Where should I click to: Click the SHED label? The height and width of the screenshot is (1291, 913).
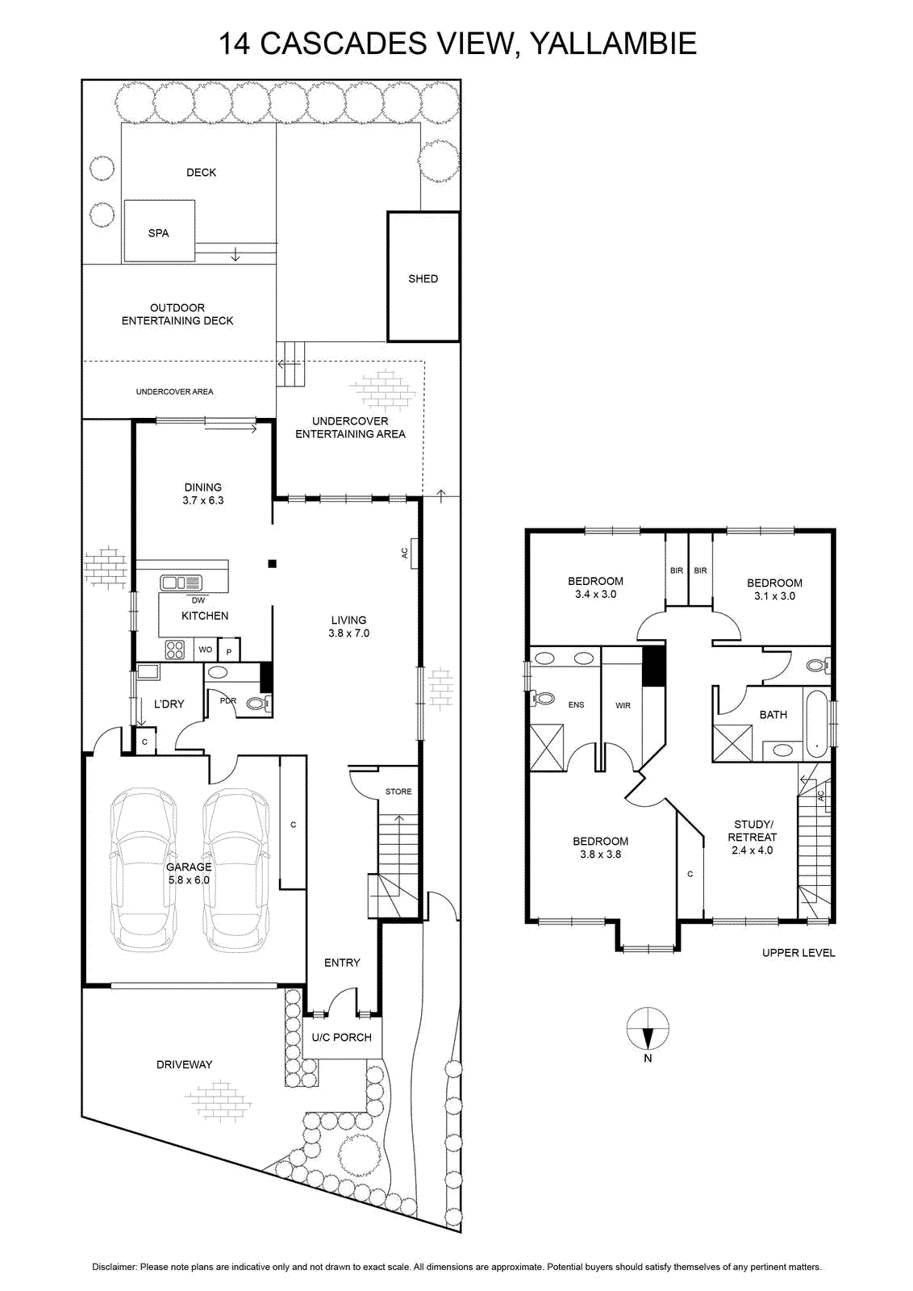[423, 279]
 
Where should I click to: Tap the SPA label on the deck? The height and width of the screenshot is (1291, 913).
[158, 233]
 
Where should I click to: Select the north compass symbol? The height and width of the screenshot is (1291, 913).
[648, 1030]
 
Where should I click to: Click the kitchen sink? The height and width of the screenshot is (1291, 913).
[181, 583]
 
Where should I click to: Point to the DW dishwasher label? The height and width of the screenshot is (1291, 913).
[198, 600]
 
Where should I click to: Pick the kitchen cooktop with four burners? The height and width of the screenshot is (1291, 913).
[175, 650]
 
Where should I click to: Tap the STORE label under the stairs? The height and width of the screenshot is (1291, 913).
[398, 792]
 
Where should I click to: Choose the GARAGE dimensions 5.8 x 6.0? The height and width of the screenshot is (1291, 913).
[189, 880]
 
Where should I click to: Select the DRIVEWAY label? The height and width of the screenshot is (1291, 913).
[185, 1064]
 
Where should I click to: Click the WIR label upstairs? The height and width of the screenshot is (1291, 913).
[623, 705]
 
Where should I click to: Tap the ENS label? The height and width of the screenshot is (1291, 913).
[576, 704]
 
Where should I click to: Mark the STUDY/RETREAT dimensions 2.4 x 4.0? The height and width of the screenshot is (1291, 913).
[752, 850]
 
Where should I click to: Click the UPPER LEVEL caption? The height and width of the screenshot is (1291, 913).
[798, 953]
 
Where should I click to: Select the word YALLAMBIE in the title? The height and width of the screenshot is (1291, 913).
[613, 44]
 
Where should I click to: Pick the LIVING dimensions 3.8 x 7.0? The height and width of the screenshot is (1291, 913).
[349, 633]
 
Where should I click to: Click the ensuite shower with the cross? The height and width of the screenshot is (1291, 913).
[547, 747]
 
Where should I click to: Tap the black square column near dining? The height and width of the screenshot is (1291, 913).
[273, 564]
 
